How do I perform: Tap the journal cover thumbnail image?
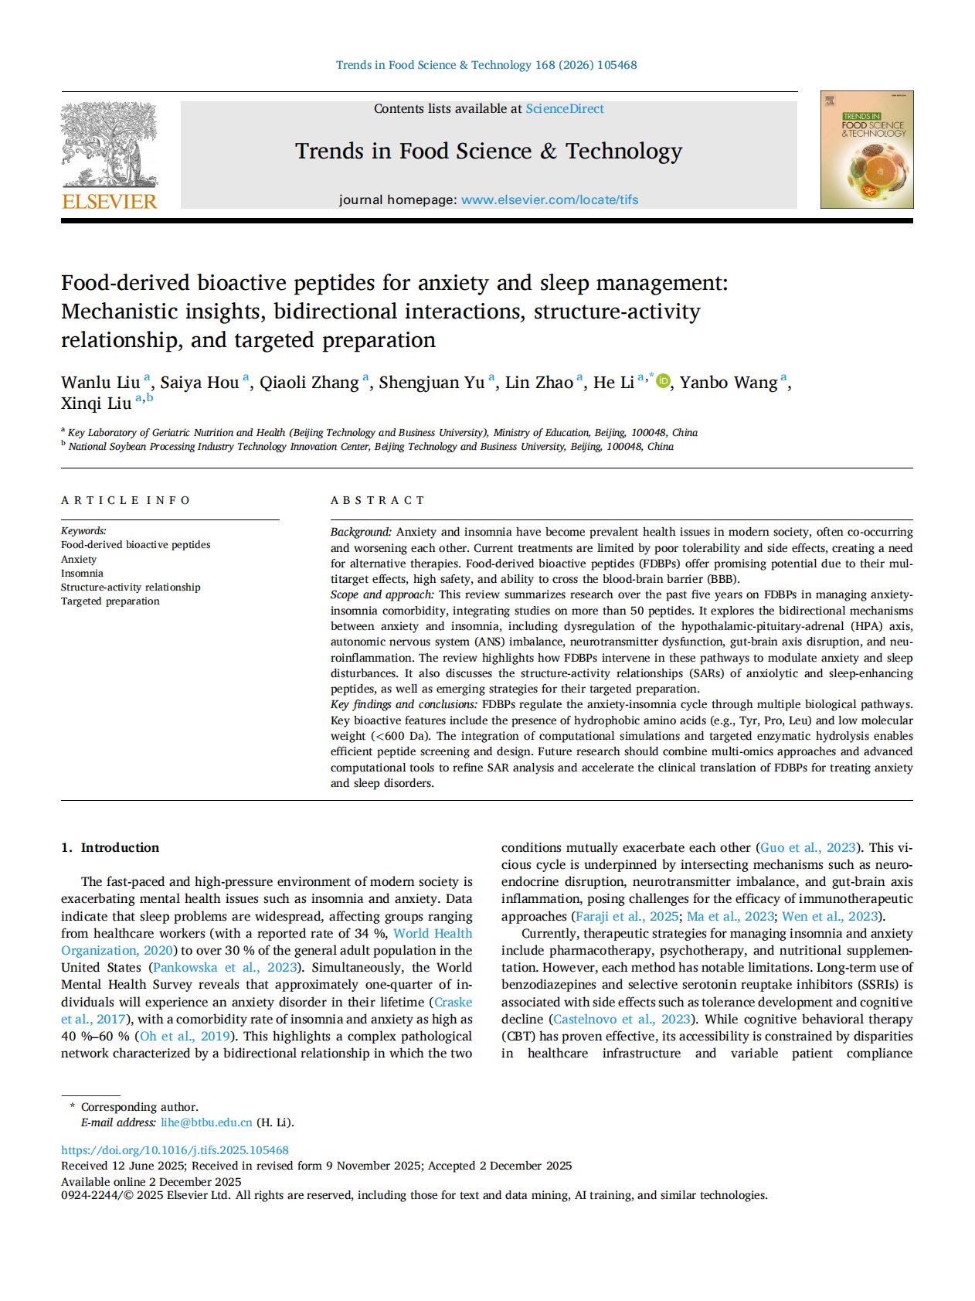pos(866,150)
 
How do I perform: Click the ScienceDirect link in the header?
pos(565,109)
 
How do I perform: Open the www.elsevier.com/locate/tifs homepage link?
pos(549,199)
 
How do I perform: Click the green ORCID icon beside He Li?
pos(663,381)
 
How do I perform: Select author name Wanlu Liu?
pos(100,383)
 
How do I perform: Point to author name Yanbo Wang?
pos(729,383)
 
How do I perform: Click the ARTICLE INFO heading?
pos(126,500)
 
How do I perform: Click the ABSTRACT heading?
pos(378,500)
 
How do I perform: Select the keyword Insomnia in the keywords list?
pos(82,573)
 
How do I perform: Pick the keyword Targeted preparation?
pos(110,601)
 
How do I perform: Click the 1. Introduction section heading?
pos(110,847)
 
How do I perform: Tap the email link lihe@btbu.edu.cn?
pos(206,1122)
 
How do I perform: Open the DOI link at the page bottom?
pos(175,1150)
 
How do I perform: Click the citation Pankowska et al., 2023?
pos(225,967)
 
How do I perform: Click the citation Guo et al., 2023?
pos(808,847)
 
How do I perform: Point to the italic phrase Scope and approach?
pos(382,594)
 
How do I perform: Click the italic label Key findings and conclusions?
pos(403,704)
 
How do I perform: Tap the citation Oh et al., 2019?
pos(185,1036)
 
